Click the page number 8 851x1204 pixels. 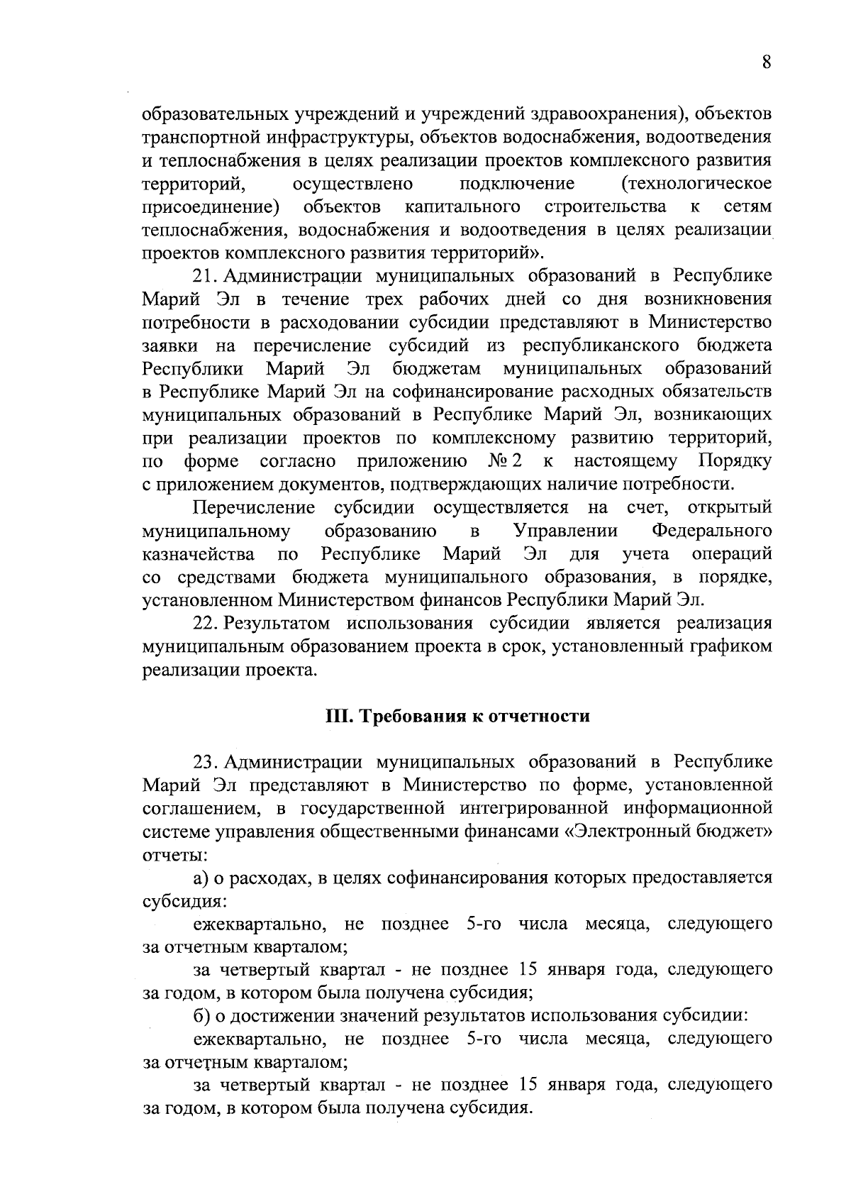pos(767,62)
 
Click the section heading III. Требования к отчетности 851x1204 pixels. pos(457,716)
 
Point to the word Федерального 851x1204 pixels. pos(711,531)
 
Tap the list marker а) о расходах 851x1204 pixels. pos(201,878)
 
